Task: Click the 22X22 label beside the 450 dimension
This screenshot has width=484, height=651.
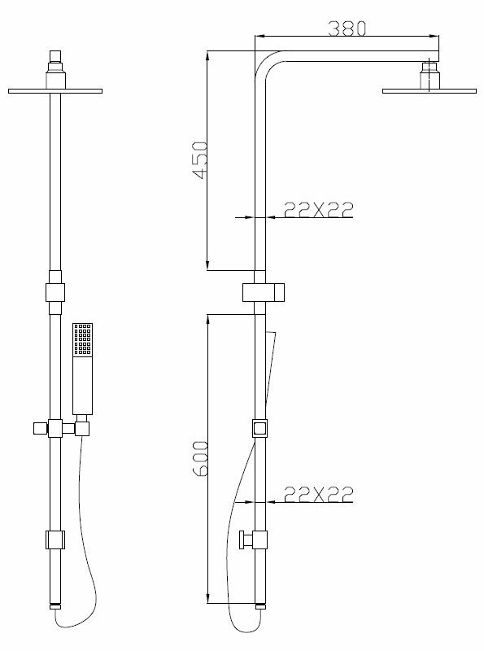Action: [x=318, y=210]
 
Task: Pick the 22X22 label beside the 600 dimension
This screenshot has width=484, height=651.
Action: [x=318, y=493]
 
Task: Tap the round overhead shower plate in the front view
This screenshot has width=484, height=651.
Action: [x=55, y=90]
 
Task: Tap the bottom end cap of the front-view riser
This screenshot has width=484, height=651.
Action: [x=55, y=606]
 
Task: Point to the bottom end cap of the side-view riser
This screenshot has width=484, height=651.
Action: [x=259, y=606]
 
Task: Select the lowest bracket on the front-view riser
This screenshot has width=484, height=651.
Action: [x=55, y=539]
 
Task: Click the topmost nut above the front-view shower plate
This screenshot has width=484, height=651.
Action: [x=55, y=57]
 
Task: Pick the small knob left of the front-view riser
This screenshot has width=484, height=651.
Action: [x=37, y=428]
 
